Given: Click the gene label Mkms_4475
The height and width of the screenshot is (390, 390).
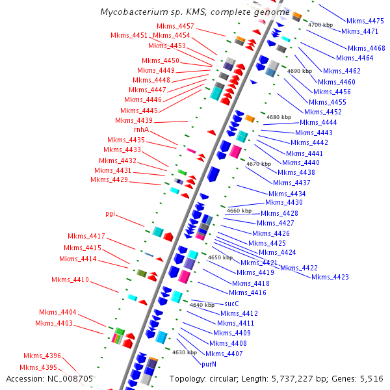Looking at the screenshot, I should coord(365,21).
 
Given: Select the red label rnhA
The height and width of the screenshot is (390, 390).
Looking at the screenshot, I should coord(142,130).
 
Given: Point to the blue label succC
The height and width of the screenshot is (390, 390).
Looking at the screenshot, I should coord(232,304).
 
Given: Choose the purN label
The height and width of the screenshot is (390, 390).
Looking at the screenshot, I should coord(209,365).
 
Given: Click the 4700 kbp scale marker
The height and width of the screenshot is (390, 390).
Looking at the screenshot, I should coord(320,25).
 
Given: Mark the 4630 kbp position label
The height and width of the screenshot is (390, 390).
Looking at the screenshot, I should coord(184,352).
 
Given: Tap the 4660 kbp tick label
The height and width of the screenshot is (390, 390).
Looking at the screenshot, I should coord(239,211).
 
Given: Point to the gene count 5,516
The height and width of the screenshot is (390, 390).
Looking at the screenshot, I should coord(370,378).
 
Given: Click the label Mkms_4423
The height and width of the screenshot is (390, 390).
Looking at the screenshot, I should coord(330,277).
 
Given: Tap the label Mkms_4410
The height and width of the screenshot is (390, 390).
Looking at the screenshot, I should coord(70,280).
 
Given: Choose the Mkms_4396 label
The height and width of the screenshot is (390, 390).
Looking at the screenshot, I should coord(43,356).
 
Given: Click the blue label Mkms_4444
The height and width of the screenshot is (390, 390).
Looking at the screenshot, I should coord(318,122).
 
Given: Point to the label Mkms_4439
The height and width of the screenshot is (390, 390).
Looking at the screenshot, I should coord(134,120).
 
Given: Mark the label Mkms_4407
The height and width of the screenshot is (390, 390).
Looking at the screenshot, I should coord(224,354).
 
